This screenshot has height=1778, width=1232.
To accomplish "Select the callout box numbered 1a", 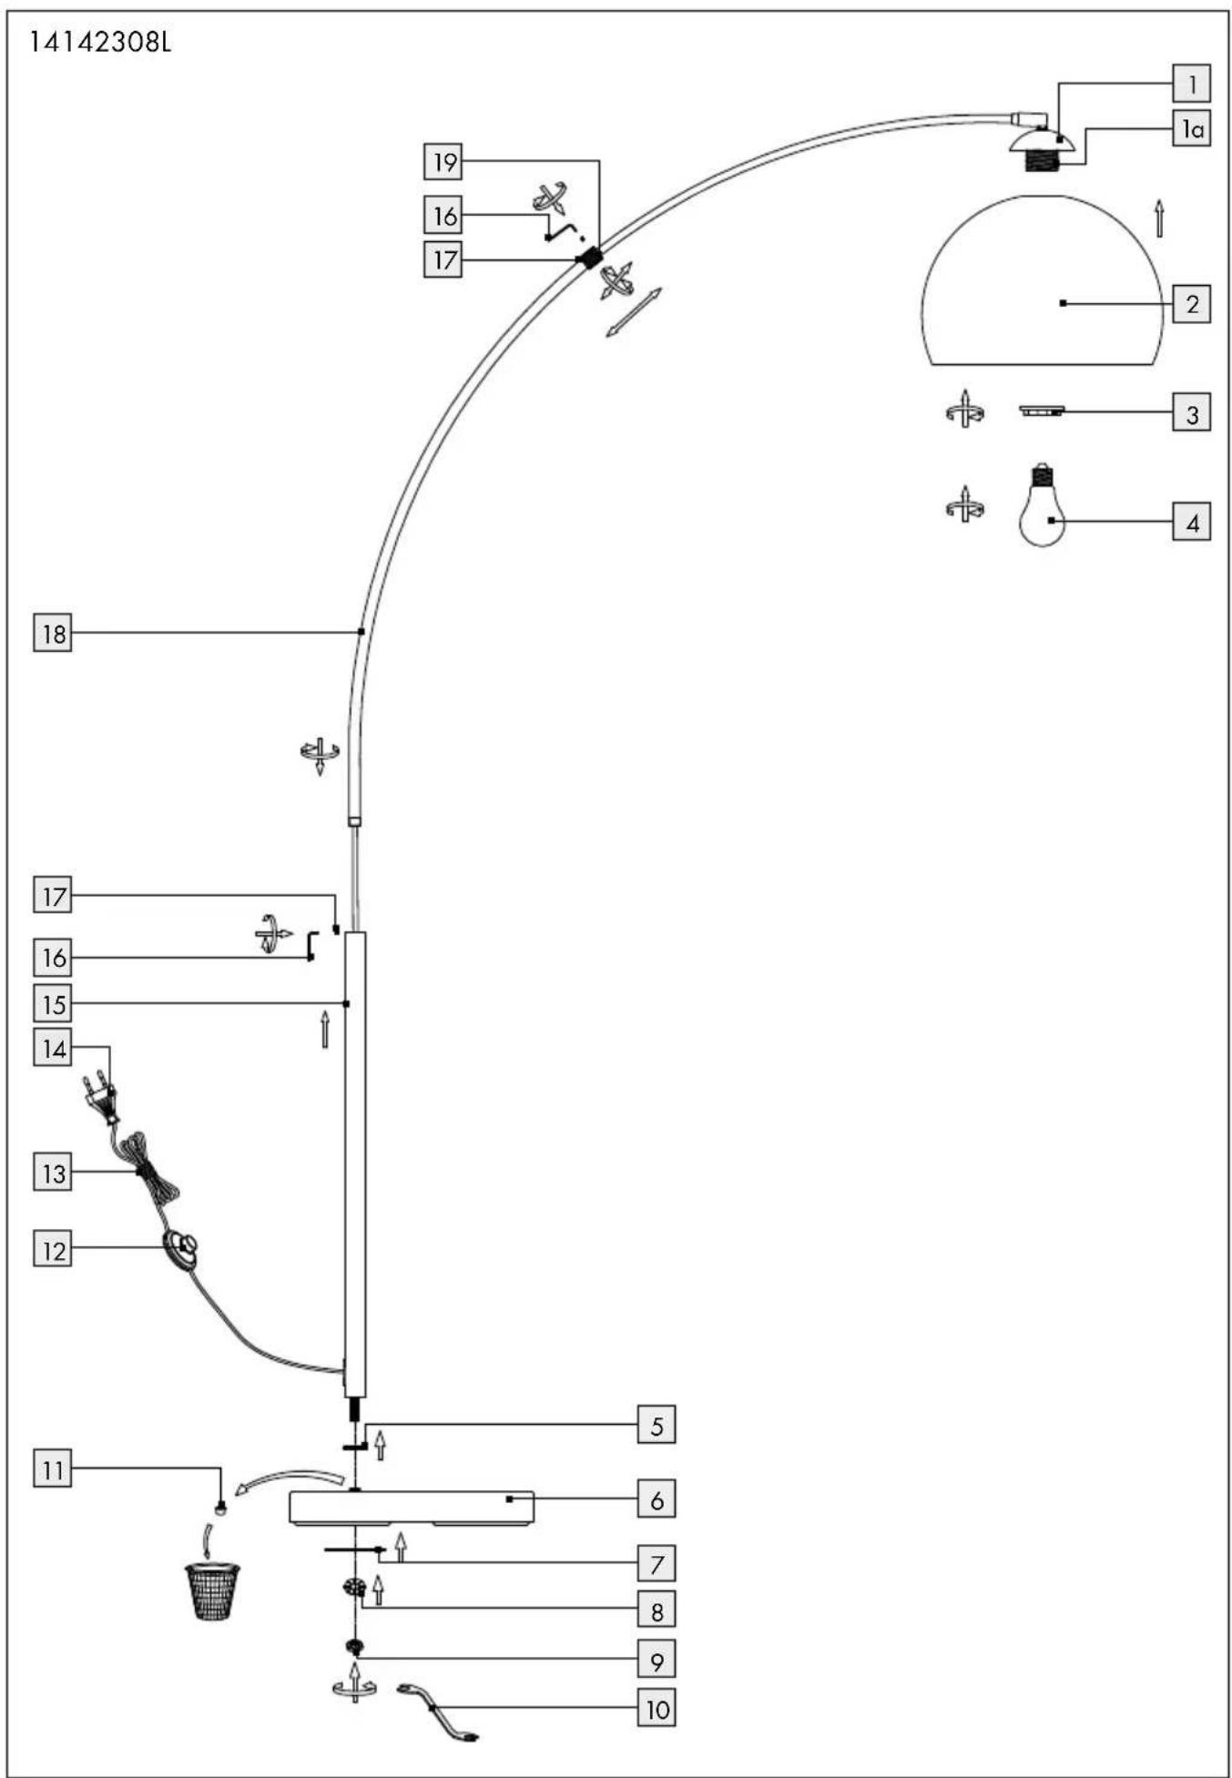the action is click(1191, 130).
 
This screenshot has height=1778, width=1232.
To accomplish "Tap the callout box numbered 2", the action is click(1191, 303).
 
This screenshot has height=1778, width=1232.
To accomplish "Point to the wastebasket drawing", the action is click(212, 1591).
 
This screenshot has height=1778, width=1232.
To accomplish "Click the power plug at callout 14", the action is click(100, 1098).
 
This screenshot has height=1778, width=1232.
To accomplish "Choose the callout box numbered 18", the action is click(53, 633).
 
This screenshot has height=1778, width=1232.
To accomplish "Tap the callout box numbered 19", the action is click(443, 162).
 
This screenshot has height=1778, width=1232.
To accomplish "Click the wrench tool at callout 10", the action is click(438, 1712).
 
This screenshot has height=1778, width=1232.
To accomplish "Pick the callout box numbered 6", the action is click(657, 1499).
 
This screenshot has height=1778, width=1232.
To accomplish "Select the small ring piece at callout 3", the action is click(1043, 411).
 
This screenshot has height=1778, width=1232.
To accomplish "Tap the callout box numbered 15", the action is click(53, 1004).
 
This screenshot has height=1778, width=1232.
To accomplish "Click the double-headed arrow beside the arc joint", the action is click(635, 312).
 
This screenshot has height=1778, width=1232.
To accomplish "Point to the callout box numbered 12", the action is click(53, 1250).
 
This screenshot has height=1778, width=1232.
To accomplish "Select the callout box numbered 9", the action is click(657, 1660).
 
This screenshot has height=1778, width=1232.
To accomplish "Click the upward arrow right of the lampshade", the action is click(1159, 218).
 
